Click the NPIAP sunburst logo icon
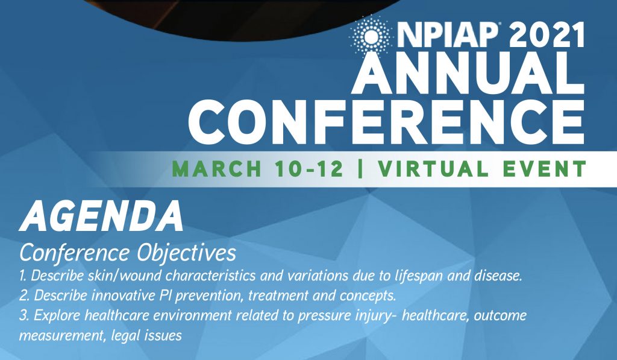pyautogui.click(x=370, y=36)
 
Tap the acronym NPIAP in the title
pyautogui.click(x=448, y=36)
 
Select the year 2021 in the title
pyautogui.click(x=547, y=36)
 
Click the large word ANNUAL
pyautogui.click(x=468, y=74)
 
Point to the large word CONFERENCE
pyautogui.click(x=386, y=122)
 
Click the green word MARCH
pyautogui.click(x=217, y=169)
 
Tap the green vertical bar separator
pyautogui.click(x=360, y=169)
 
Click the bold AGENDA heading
pyautogui.click(x=101, y=216)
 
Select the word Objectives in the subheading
pyautogui.click(x=186, y=253)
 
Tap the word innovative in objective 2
pyautogui.click(x=122, y=295)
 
